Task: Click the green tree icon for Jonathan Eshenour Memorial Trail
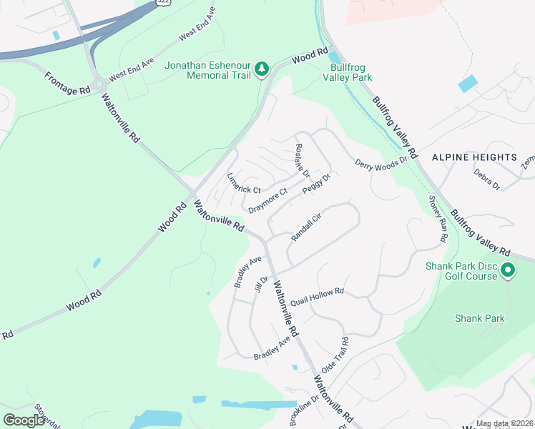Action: click(262, 69)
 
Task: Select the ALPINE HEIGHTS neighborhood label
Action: click(473, 157)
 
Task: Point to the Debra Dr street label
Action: click(487, 178)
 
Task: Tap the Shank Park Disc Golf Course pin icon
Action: click(508, 270)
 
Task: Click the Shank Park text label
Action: click(480, 318)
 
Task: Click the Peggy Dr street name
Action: click(315, 184)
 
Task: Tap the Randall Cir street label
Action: click(307, 230)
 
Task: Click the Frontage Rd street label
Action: click(68, 83)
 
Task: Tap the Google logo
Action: click(24, 420)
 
